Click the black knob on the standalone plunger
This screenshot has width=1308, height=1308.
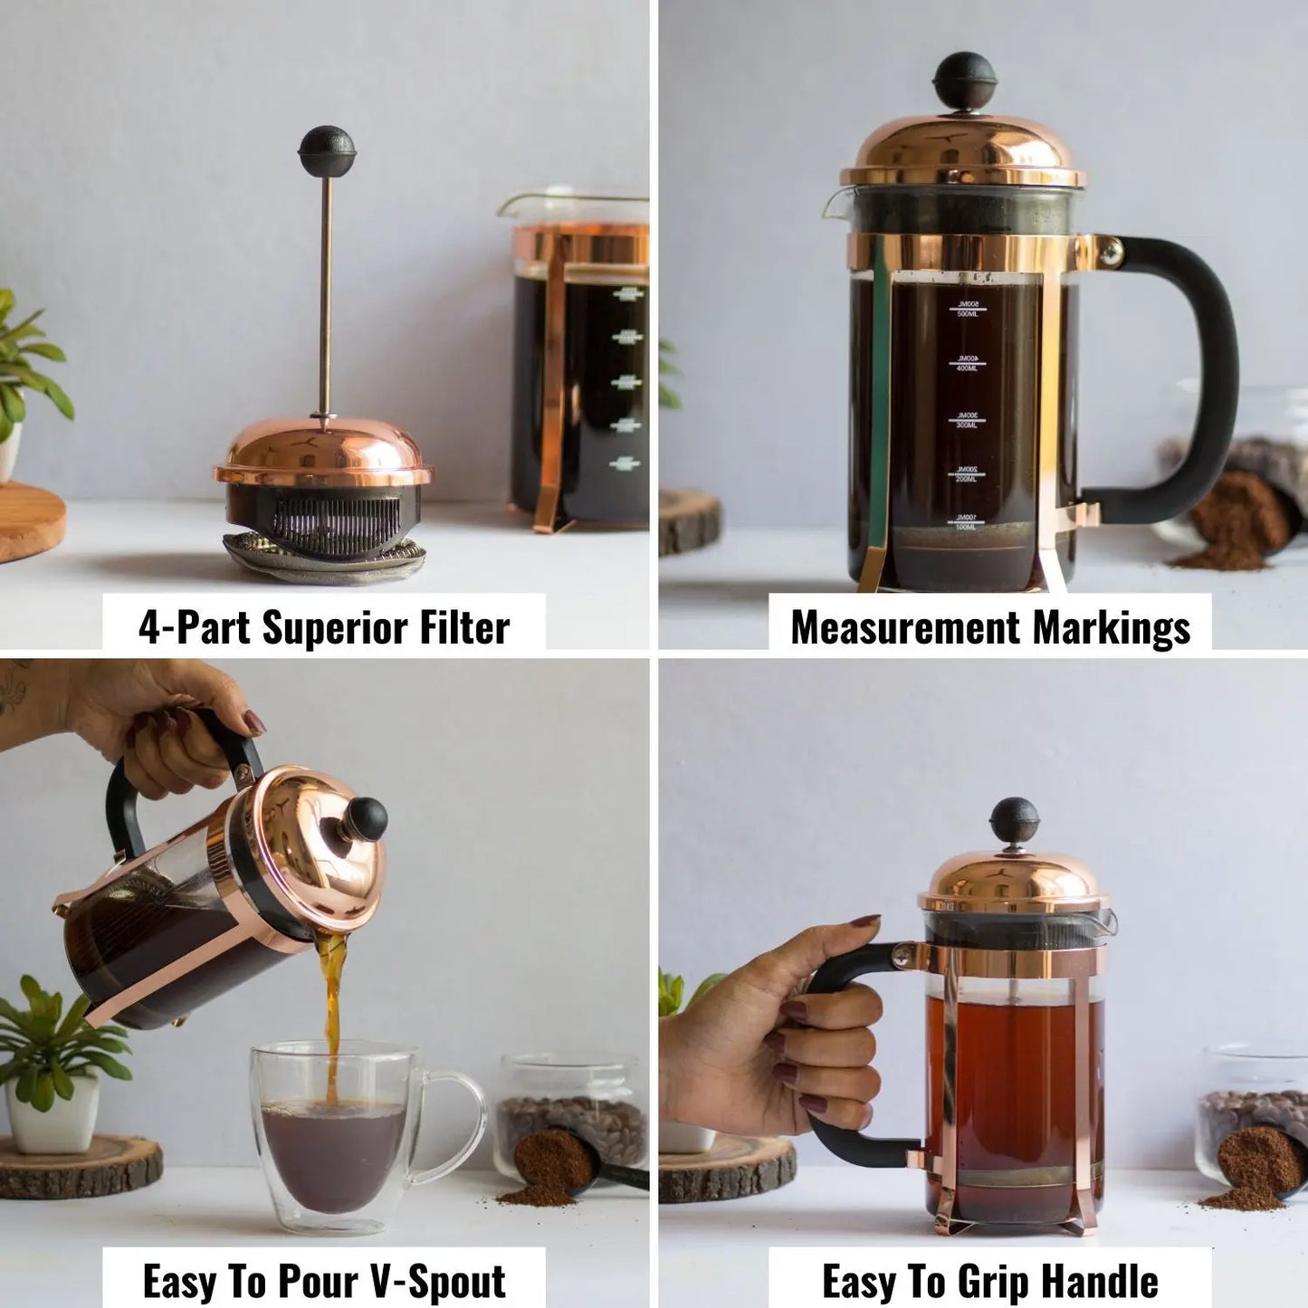327,151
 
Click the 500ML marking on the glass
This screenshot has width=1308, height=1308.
967,309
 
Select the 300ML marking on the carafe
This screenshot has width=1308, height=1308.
967,420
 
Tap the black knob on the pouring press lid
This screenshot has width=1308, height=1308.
366,819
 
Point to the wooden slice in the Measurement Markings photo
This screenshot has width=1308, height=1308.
688,522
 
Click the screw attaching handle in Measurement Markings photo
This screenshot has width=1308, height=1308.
1111,252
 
